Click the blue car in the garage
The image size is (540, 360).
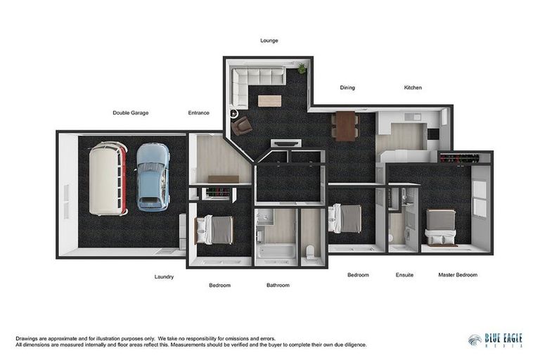(x=153, y=177)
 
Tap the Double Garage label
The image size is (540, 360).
(x=131, y=112)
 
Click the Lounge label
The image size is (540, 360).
(x=269, y=41)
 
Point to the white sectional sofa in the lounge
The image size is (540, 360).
(x=253, y=79)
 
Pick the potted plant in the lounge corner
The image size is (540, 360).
(x=302, y=68)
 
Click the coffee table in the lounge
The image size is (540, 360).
(x=269, y=101)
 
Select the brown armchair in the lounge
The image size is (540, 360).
(x=242, y=125)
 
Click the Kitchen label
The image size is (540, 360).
(x=413, y=88)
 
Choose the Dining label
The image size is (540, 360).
(x=347, y=88)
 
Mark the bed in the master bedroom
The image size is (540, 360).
(x=441, y=227)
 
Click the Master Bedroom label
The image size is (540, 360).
(x=458, y=275)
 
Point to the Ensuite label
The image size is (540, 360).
(x=404, y=275)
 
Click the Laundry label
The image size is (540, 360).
(x=164, y=277)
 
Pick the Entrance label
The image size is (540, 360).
(x=198, y=112)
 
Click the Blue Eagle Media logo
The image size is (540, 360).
(x=495, y=340)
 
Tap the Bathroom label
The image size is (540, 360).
(x=278, y=285)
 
